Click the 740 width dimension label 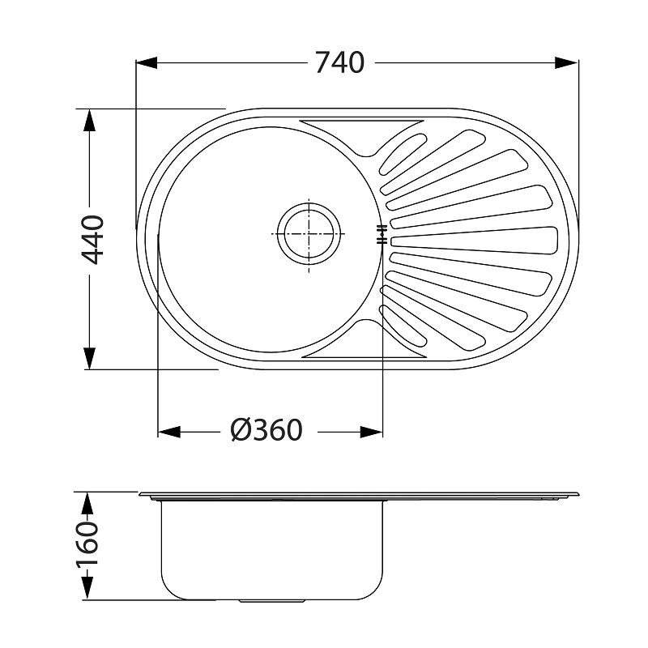339,63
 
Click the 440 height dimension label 92,240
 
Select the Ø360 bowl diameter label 266,430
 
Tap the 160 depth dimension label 87,545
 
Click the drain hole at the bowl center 309,234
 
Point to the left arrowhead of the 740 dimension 147,63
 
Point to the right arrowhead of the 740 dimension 566,63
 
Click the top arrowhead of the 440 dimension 89,120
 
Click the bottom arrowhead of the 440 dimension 89,358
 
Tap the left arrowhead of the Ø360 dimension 169,433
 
